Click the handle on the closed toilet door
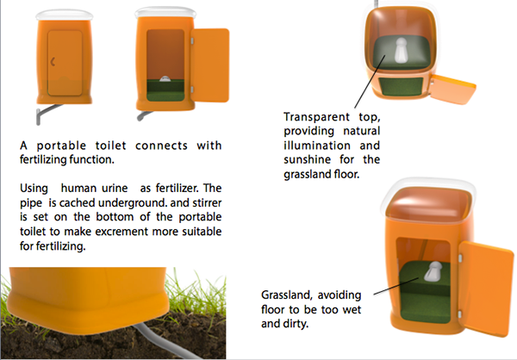[x=54, y=61]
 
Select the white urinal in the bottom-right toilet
[x=433, y=273]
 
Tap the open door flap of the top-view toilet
[x=452, y=87]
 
